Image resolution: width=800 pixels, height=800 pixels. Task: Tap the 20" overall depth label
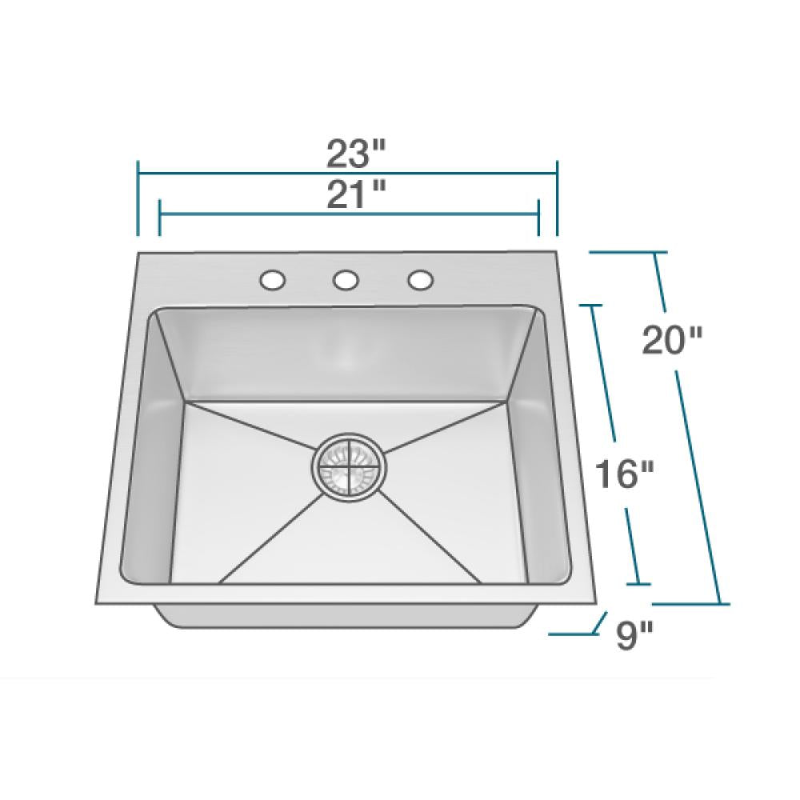pos(672,342)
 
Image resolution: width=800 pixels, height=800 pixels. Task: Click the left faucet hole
pos(272,280)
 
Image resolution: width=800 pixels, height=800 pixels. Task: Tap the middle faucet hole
pos(346,280)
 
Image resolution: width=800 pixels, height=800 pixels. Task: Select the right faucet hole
pos(420,280)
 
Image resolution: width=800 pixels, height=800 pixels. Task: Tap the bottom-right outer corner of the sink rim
pos(594,602)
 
